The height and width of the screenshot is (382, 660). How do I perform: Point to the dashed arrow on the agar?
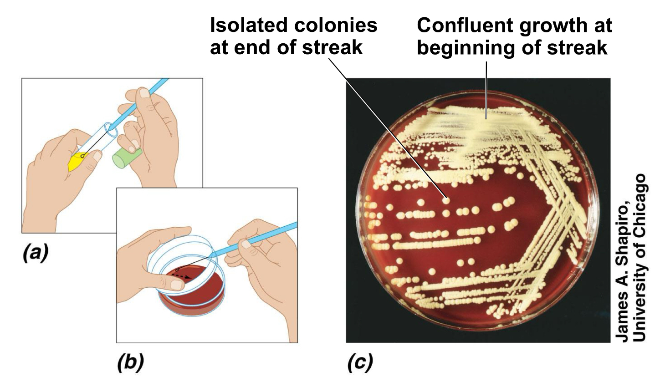click(x=182, y=275)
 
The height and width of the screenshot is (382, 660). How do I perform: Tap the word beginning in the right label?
click(x=474, y=47)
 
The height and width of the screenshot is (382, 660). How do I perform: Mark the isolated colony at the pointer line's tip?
click(x=447, y=199)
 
